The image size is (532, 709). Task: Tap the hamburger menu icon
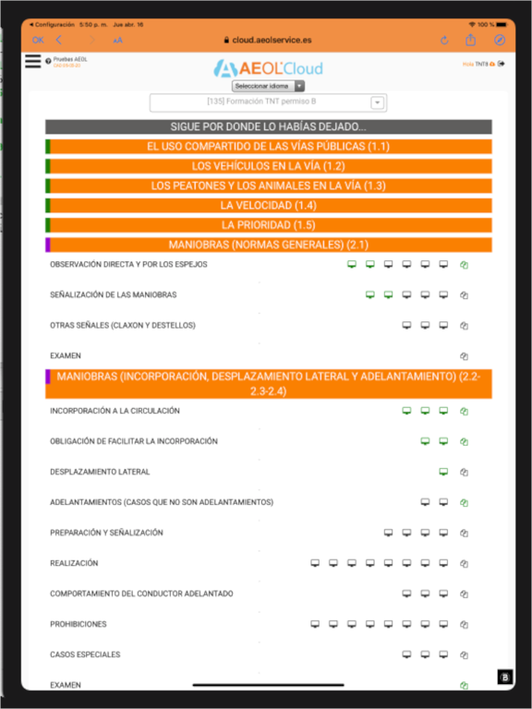pyautogui.click(x=33, y=61)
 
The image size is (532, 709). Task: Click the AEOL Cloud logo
pyautogui.click(x=267, y=67)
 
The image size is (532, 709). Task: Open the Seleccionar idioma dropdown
pyautogui.click(x=268, y=86)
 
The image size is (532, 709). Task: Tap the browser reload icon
pyautogui.click(x=444, y=40)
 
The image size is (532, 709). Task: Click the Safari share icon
pyautogui.click(x=471, y=40)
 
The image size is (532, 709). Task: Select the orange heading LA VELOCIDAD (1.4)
pyautogui.click(x=268, y=205)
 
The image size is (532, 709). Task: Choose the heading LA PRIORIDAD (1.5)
pyautogui.click(x=268, y=225)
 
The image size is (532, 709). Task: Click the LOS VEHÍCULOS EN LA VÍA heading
pyautogui.click(x=268, y=166)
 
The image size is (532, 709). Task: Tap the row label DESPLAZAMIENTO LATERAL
pyautogui.click(x=100, y=472)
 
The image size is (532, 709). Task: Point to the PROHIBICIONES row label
pyautogui.click(x=79, y=624)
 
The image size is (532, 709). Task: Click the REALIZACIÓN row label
pyautogui.click(x=74, y=563)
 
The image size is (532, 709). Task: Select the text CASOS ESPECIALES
pyautogui.click(x=85, y=655)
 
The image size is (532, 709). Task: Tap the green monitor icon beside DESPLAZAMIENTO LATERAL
pyautogui.click(x=443, y=472)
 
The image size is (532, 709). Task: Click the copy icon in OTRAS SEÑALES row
pyautogui.click(x=465, y=326)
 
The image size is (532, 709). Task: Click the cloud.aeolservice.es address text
pyautogui.click(x=272, y=40)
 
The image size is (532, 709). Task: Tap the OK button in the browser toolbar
pyautogui.click(x=38, y=40)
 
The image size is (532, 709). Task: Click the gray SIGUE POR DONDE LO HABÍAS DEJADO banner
pyautogui.click(x=268, y=126)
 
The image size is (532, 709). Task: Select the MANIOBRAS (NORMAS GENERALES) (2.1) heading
pyautogui.click(x=268, y=245)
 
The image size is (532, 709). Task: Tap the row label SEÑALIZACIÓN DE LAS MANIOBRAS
pyautogui.click(x=113, y=295)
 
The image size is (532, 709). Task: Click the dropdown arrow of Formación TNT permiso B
pyautogui.click(x=377, y=102)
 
